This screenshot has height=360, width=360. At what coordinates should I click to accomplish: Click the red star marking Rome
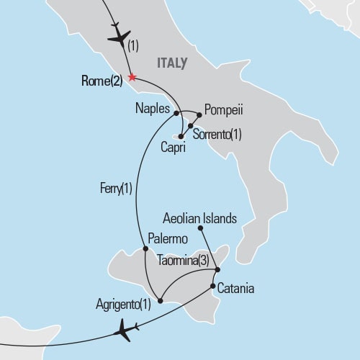tap(131, 77)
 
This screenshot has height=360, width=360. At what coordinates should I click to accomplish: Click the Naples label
tap(153, 110)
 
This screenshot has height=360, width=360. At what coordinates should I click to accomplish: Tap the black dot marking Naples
tap(176, 112)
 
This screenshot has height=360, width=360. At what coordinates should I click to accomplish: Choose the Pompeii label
tap(225, 110)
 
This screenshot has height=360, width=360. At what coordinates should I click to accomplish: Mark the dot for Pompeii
tap(199, 113)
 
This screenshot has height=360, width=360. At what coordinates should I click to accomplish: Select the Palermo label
tap(168, 238)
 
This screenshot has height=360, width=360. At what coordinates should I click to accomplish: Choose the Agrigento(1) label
tap(123, 303)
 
